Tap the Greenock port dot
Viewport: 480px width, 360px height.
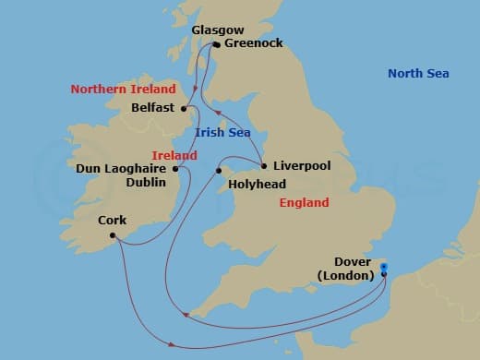(x=216, y=43)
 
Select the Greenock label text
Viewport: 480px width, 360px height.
(x=253, y=42)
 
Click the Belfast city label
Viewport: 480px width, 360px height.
(x=154, y=107)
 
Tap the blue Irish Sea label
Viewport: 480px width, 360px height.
(x=223, y=133)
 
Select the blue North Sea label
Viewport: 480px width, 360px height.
(x=418, y=74)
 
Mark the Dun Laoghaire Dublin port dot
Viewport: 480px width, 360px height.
(x=175, y=169)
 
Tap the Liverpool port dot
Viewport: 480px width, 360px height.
(x=264, y=167)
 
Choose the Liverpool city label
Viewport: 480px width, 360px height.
(x=301, y=167)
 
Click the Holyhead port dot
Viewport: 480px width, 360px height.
(x=220, y=171)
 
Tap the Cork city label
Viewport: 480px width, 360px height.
(x=113, y=222)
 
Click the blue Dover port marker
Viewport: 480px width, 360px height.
(x=384, y=270)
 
